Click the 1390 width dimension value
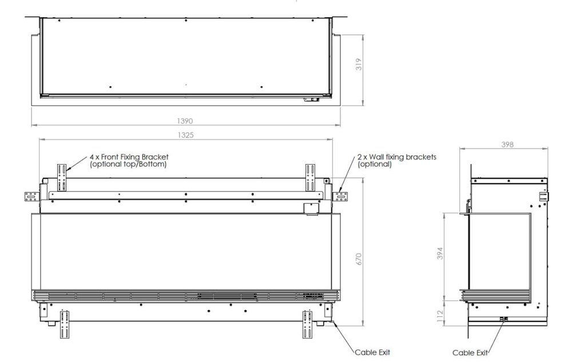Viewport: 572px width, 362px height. (186, 121)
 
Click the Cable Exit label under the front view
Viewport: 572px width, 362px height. (372, 352)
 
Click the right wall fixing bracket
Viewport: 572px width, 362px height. (341, 196)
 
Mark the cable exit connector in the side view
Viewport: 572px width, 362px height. (503, 319)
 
